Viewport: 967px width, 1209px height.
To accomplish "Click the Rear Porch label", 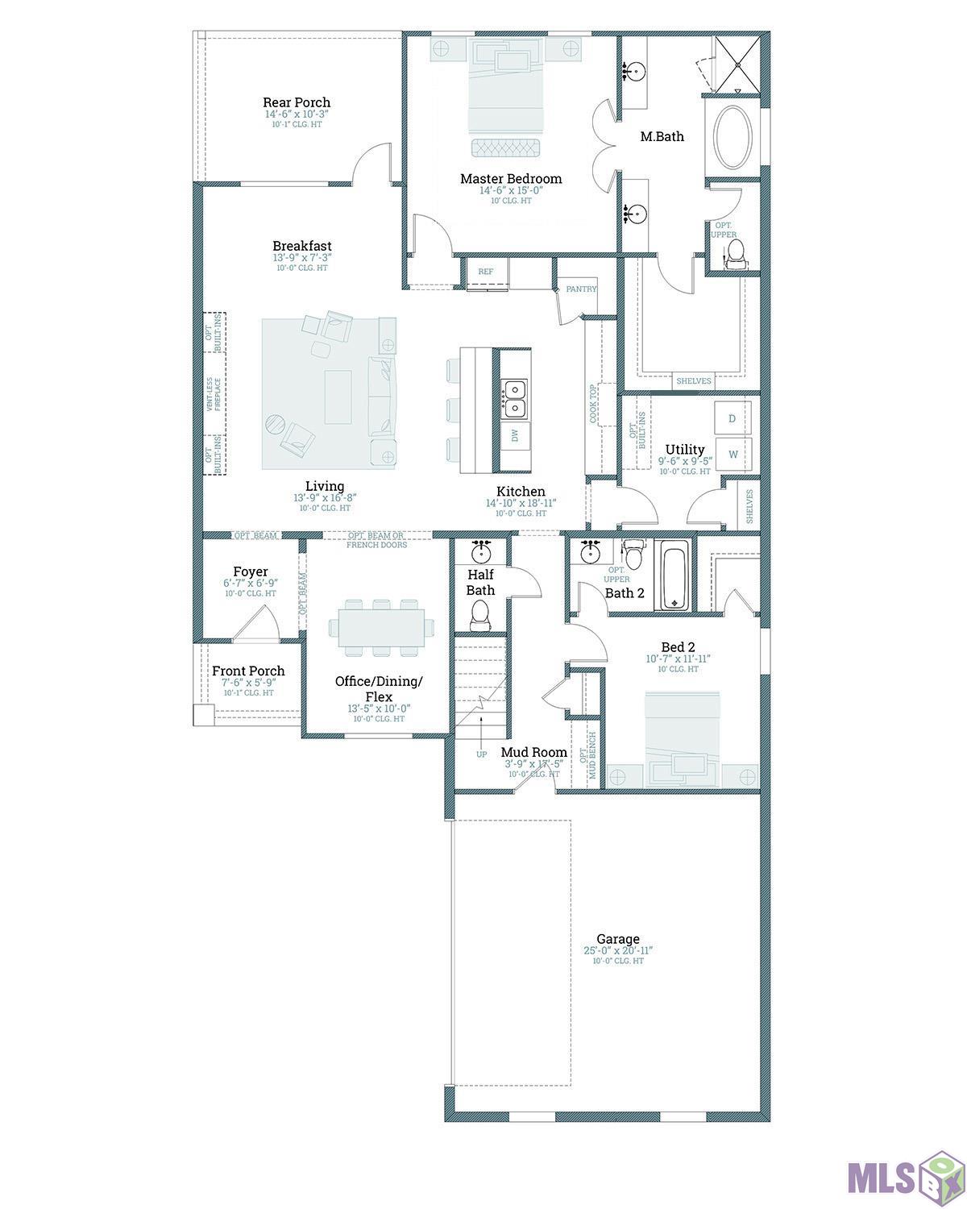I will click(297, 102).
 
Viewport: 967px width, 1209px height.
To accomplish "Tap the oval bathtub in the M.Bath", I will click(733, 136).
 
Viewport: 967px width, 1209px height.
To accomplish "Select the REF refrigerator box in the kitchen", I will click(486, 272).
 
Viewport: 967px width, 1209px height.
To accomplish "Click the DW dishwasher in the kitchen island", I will click(514, 436).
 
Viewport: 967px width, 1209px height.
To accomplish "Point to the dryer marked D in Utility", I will click(732, 418).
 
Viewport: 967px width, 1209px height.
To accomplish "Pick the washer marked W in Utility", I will click(733, 454).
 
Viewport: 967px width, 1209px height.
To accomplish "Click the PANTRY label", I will click(581, 289).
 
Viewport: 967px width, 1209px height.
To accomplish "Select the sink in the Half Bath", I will click(482, 553).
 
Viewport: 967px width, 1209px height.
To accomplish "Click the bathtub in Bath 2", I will click(674, 575).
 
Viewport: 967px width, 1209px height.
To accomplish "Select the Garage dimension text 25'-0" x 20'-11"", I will click(618, 951).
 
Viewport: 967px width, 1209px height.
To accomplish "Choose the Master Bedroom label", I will click(511, 179).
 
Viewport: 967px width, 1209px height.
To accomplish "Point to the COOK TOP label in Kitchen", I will click(594, 403).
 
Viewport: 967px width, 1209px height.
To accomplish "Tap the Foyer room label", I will click(251, 572).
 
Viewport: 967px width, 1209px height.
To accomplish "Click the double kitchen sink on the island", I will click(513, 400).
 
